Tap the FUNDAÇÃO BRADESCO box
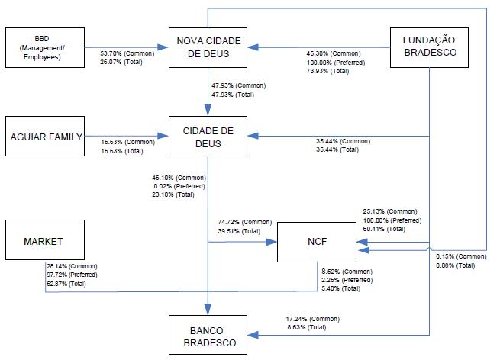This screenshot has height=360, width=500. click(x=428, y=47)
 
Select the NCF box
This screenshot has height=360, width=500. click(x=315, y=242)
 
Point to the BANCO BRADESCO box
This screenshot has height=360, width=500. click(x=208, y=335)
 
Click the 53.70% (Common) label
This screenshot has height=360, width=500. click(x=127, y=54)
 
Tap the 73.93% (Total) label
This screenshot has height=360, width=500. click(x=327, y=71)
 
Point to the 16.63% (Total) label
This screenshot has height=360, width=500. click(x=122, y=151)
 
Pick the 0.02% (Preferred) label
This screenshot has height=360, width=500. click(x=174, y=186)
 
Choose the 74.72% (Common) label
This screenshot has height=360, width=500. click(x=244, y=222)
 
